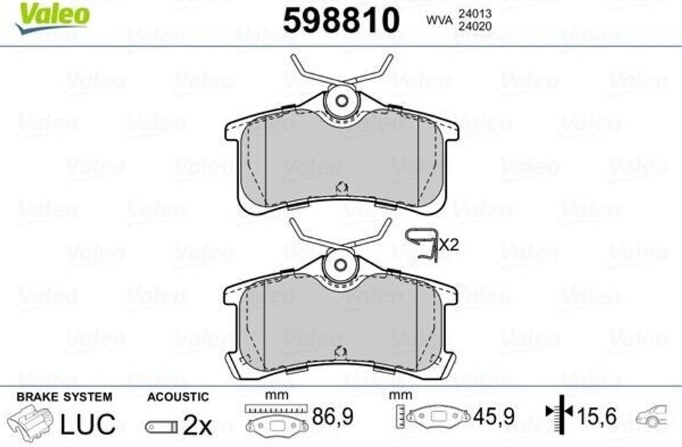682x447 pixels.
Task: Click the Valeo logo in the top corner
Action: (52, 17)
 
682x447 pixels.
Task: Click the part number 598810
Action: (341, 21)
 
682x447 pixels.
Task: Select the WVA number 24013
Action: (474, 14)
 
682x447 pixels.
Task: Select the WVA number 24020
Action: (474, 27)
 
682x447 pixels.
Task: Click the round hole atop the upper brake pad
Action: (342, 101)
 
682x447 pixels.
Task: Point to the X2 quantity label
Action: (449, 244)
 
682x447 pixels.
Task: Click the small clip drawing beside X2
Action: (422, 245)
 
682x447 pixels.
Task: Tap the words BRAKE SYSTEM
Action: (65, 397)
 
